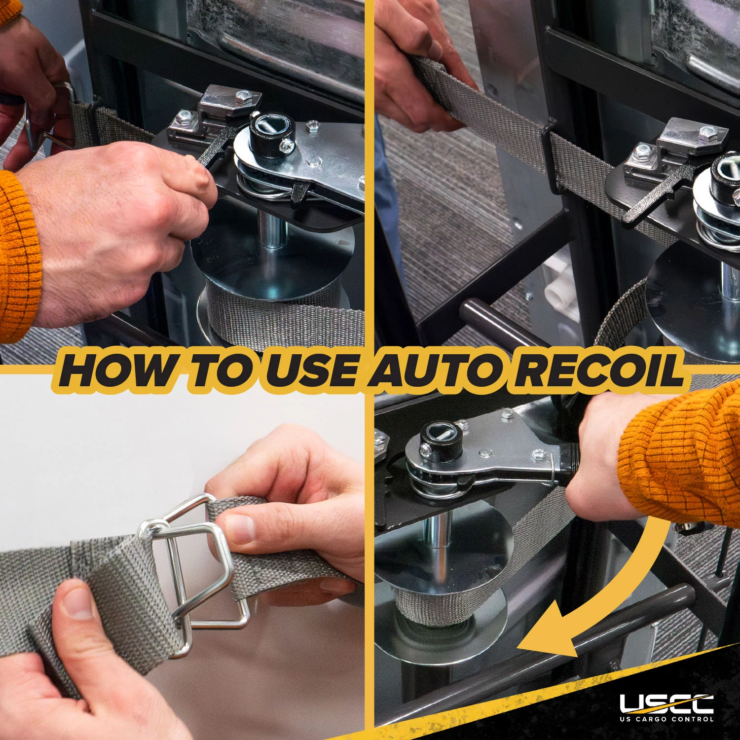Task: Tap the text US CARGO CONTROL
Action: point(666,719)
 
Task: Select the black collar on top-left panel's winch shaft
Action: point(272,134)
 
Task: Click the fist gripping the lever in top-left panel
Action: point(123,232)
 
